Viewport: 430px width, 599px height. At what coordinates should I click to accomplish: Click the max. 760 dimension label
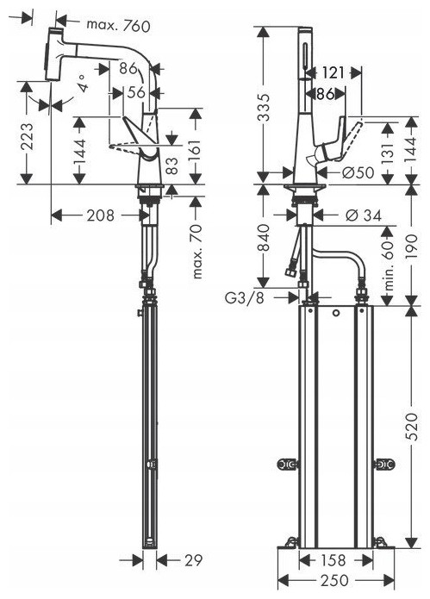(x=118, y=26)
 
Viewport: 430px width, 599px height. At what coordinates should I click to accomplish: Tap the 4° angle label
(x=84, y=83)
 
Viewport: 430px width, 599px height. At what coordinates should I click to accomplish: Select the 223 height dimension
(x=28, y=136)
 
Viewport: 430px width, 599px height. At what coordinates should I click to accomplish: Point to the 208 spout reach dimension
(x=101, y=215)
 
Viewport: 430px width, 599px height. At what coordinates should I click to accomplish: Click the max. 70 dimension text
(x=197, y=253)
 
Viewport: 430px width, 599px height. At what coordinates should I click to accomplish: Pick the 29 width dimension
(x=193, y=560)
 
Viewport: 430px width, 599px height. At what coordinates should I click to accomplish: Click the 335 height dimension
(x=264, y=108)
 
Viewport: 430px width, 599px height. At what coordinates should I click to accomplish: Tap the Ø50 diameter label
(x=358, y=172)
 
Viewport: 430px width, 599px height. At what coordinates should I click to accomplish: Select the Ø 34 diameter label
(x=363, y=215)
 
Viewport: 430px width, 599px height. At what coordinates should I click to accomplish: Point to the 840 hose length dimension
(x=264, y=238)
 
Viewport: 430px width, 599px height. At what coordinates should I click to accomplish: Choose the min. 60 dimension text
(x=389, y=265)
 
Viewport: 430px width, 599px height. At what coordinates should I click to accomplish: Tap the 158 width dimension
(x=332, y=560)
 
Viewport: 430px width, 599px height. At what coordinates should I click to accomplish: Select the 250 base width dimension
(x=334, y=581)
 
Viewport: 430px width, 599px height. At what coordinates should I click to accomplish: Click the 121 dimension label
(x=333, y=72)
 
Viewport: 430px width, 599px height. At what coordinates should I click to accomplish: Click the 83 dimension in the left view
(x=173, y=165)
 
